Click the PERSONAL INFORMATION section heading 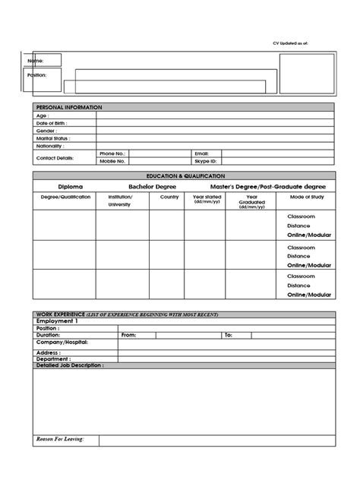tap(69, 108)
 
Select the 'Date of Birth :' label tap(51, 123)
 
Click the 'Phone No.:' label tap(112, 153)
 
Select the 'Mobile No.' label tap(112, 161)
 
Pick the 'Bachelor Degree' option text tap(151, 185)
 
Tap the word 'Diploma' tap(69, 185)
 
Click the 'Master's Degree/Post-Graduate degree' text tap(268, 185)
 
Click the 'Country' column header tap(169, 197)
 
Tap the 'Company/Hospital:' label tap(62, 343)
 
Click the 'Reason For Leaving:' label tap(61, 439)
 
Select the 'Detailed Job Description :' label tap(71, 365)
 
